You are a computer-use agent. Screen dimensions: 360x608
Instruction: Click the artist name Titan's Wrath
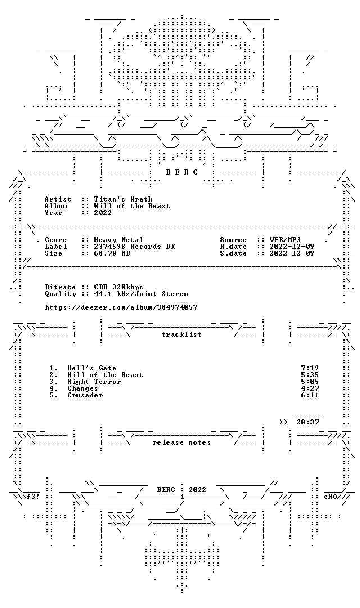point(123,199)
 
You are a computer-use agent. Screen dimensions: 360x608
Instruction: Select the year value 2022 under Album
point(103,213)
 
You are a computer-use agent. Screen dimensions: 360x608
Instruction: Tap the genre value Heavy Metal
point(119,240)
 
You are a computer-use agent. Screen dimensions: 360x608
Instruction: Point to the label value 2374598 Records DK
point(134,247)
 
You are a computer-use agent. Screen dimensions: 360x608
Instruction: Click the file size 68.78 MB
point(112,253)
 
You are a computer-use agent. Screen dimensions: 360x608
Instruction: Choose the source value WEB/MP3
point(285,240)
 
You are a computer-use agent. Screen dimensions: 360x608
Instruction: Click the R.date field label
point(233,247)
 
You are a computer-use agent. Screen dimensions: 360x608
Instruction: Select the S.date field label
point(233,253)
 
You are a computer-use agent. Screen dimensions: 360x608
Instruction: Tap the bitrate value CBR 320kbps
point(119,287)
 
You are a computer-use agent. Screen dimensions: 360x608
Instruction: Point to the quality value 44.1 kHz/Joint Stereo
point(141,294)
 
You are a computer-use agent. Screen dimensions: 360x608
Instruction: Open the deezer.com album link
point(121,307)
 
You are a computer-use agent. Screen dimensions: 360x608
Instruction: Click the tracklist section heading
point(182,334)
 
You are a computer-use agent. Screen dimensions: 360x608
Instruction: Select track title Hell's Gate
point(92,368)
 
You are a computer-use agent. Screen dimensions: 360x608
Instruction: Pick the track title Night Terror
point(94,382)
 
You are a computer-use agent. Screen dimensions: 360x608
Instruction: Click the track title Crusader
point(85,395)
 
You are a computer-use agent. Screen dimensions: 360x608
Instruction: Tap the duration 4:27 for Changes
point(310,388)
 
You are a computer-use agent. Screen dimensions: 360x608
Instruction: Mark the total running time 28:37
point(308,422)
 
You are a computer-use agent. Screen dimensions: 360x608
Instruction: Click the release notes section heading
point(182,442)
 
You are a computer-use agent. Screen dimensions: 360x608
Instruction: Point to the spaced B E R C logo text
point(182,172)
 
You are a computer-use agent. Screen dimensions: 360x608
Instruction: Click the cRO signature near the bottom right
point(330,497)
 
